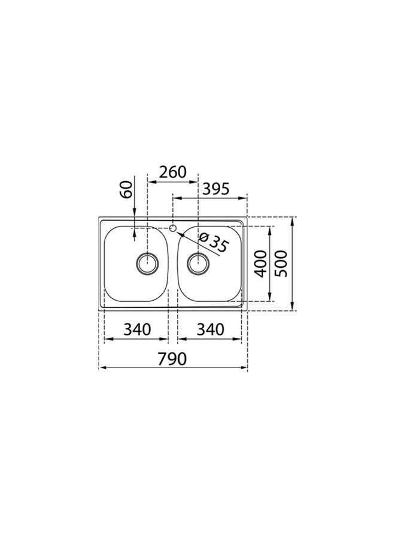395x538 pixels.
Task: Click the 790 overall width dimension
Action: (173, 359)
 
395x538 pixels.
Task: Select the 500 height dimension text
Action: (281, 264)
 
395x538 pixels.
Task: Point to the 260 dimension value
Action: (172, 172)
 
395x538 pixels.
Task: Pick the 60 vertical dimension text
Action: (126, 190)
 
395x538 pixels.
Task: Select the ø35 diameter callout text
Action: (212, 243)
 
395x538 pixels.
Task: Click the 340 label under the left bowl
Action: (136, 329)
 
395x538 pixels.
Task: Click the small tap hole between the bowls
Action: (173, 227)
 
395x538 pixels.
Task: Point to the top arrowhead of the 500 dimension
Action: (293, 221)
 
